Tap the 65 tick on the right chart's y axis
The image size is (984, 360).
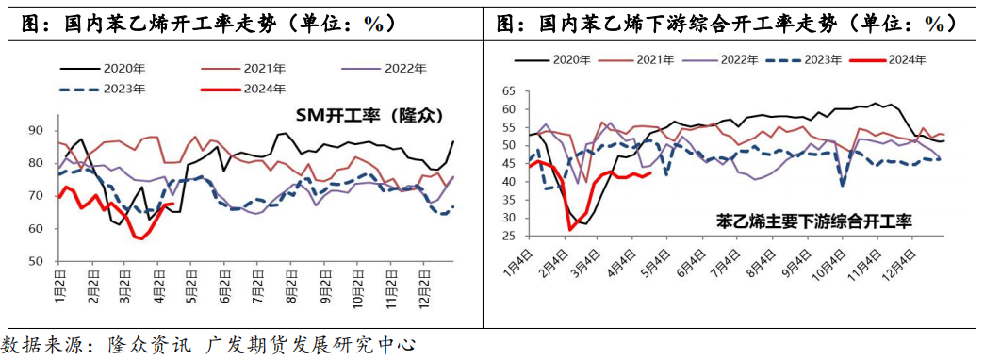[509, 91]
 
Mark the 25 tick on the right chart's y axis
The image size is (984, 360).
[509, 235]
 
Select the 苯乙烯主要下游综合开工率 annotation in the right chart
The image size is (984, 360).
[815, 222]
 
